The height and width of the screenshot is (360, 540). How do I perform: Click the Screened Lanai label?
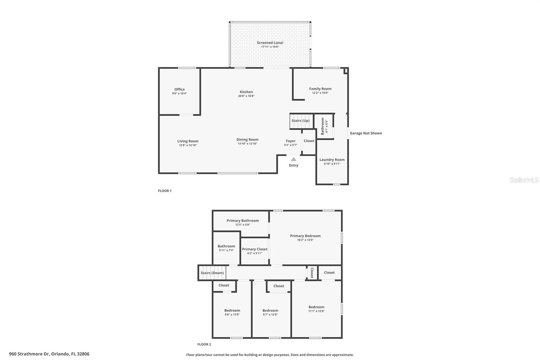pos(270,43)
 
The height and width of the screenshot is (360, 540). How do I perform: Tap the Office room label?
pos(180,89)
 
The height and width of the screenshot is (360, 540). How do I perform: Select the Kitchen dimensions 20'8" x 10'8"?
pos(246,96)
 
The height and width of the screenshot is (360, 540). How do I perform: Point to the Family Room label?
pos(320,89)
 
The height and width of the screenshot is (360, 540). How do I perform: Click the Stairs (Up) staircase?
pos(300,121)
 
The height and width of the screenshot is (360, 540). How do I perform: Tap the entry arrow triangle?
pos(294,159)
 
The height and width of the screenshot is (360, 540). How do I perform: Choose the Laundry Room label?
pos(332,160)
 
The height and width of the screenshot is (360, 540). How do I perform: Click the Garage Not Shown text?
pos(366,133)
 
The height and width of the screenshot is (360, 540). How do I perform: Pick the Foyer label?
pos(291,141)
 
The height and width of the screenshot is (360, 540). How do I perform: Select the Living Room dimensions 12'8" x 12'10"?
pos(188,145)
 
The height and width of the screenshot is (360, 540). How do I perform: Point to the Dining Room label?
pos(247,139)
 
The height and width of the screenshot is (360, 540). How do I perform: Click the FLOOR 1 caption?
pos(165,191)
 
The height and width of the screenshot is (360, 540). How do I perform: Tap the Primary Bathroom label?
pos(243,221)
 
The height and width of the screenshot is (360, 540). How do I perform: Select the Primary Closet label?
pos(254,249)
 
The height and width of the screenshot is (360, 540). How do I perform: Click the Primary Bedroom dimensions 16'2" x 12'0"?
pos(305,240)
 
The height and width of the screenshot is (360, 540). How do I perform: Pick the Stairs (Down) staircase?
pos(212,273)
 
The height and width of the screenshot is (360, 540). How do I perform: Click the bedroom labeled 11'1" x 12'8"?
pos(316,309)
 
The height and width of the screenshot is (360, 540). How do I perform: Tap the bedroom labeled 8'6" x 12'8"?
pos(232,312)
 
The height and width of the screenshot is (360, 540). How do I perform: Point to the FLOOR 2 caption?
pos(204,344)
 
